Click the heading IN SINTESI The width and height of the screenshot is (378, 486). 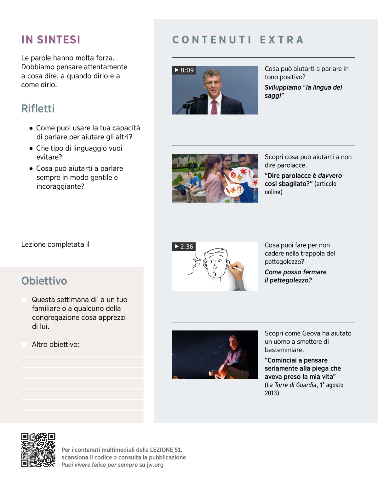click(51, 40)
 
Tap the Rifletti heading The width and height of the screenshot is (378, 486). click(38, 109)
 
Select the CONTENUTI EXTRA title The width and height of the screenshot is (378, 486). click(238, 40)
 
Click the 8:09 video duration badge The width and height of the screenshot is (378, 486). click(184, 70)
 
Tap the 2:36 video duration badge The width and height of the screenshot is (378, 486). click(184, 247)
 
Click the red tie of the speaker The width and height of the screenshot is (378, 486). click(214, 107)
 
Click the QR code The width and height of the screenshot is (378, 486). click(38, 450)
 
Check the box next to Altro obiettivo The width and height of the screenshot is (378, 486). click(24, 344)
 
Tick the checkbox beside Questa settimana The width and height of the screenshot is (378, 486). click(24, 300)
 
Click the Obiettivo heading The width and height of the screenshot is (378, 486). click(44, 281)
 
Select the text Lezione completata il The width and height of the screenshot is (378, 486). click(55, 244)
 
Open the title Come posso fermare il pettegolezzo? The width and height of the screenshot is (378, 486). click(295, 276)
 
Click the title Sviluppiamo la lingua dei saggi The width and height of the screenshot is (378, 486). click(303, 91)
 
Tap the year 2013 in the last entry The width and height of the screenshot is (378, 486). click(272, 393)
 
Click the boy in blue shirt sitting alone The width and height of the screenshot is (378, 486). click(193, 184)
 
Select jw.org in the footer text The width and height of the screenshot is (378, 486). click(155, 465)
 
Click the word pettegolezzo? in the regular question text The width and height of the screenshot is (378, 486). click(284, 262)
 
